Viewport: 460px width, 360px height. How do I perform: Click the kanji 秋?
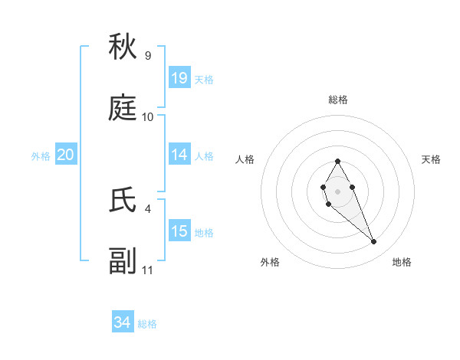123,48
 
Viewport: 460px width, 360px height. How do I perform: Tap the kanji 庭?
123,110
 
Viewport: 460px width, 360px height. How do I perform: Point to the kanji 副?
123,262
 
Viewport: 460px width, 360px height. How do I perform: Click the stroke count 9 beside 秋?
147,56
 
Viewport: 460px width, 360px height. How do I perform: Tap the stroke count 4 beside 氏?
147,208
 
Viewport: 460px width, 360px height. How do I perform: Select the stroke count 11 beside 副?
147,270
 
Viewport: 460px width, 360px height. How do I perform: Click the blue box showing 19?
179,78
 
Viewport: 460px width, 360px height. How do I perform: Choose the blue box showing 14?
179,155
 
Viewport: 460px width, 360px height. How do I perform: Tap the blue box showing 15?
179,231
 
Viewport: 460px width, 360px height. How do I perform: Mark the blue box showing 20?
66,155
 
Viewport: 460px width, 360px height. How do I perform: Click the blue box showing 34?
123,322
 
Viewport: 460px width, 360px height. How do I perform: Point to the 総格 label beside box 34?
147,324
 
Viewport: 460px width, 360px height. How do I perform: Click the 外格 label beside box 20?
41,156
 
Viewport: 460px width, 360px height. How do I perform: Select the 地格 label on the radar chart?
402,263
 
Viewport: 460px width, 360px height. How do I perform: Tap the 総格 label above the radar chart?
337,100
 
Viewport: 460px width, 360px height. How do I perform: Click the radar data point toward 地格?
374,242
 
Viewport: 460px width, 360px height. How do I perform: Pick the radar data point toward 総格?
337,161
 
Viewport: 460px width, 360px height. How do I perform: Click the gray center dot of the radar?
337,191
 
